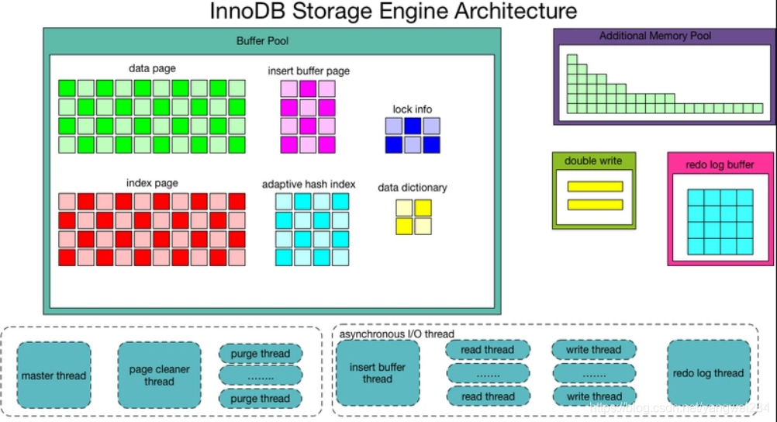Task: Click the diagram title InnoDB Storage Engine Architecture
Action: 394,12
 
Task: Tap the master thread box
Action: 54,375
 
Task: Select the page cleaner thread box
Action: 159,375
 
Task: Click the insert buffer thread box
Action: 377,373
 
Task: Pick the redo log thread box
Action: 708,373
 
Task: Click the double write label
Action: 593,161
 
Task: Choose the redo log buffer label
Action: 720,164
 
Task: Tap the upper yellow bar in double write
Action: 595,186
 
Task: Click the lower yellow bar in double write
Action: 595,204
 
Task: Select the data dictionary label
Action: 413,188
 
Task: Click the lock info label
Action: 413,109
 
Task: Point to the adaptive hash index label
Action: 309,184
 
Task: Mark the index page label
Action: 152,183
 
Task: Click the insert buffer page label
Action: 308,71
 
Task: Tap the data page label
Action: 150,68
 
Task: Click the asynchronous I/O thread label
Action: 397,334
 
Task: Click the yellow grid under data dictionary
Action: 413,217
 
